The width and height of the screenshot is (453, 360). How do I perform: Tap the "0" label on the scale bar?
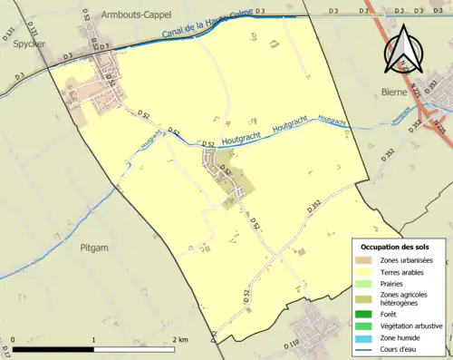tap(13, 339)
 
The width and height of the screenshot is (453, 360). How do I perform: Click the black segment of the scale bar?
tap(54, 348)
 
